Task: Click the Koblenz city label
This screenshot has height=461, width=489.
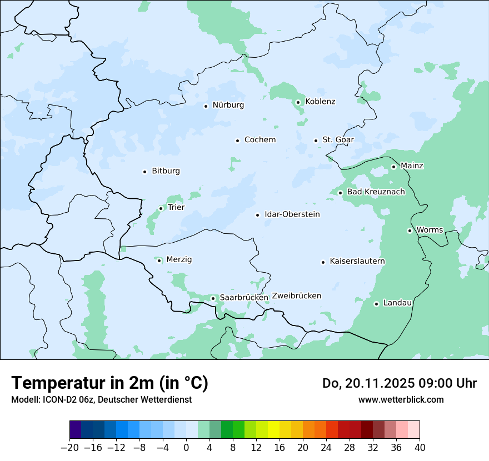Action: click(x=320, y=102)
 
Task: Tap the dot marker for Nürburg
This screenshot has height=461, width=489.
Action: click(x=206, y=106)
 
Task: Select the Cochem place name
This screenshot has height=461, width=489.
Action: click(x=260, y=140)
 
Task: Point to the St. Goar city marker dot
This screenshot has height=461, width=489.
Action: click(x=316, y=141)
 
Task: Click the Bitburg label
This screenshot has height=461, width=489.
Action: click(x=166, y=171)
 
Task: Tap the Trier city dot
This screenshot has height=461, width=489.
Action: click(x=161, y=208)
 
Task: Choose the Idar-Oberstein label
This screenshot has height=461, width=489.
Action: click(x=292, y=214)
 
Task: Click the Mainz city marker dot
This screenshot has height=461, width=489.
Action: click(x=393, y=167)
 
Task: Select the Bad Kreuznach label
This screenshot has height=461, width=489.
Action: click(x=376, y=192)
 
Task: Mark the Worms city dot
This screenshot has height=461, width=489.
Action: click(x=410, y=231)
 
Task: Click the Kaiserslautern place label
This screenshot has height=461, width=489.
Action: click(x=357, y=262)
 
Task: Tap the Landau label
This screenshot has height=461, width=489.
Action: click(x=397, y=303)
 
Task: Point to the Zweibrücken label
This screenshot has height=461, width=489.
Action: click(x=296, y=296)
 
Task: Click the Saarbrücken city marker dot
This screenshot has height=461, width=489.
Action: click(x=213, y=298)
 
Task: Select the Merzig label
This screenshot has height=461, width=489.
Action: click(x=179, y=260)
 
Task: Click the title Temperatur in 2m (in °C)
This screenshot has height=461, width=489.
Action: click(x=109, y=383)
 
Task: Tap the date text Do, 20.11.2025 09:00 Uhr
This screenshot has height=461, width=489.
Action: click(x=399, y=383)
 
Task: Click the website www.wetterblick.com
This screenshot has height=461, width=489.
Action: click(x=401, y=399)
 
